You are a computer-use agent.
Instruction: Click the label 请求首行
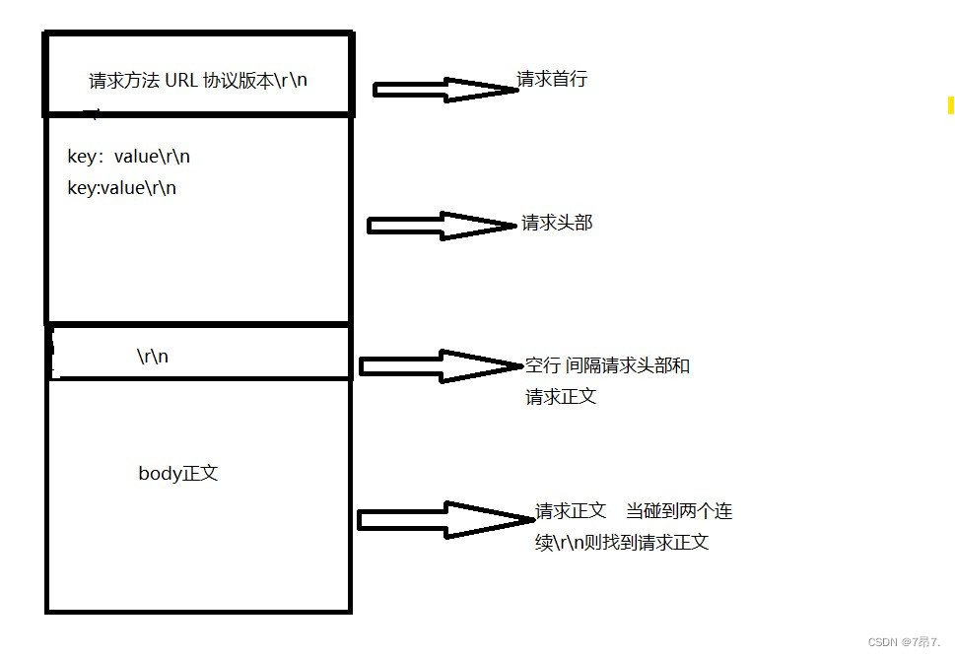pyautogui.click(x=552, y=80)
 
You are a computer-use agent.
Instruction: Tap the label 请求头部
pyautogui.click(x=557, y=223)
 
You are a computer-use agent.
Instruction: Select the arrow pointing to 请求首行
pyautogui.click(x=444, y=90)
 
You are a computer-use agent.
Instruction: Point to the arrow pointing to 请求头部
pyautogui.click(x=441, y=226)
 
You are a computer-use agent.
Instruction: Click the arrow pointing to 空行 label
pyautogui.click(x=440, y=366)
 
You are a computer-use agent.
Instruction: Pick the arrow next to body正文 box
pyautogui.click(x=443, y=519)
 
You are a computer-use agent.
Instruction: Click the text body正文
pyautogui.click(x=177, y=473)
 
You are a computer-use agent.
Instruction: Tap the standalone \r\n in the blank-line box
pyautogui.click(x=153, y=357)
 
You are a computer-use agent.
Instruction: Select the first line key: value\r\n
pyautogui.click(x=135, y=156)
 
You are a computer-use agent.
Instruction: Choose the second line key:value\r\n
pyautogui.click(x=121, y=187)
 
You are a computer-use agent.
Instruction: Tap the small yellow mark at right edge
pyautogui.click(x=950, y=104)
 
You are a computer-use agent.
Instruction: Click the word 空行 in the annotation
pyautogui.click(x=543, y=366)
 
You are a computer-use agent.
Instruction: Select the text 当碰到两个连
pyautogui.click(x=678, y=512)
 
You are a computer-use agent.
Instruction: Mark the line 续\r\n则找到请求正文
pyautogui.click(x=622, y=543)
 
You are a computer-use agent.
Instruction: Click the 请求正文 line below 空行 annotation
pyautogui.click(x=561, y=397)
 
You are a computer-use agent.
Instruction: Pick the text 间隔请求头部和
pyautogui.click(x=627, y=366)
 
